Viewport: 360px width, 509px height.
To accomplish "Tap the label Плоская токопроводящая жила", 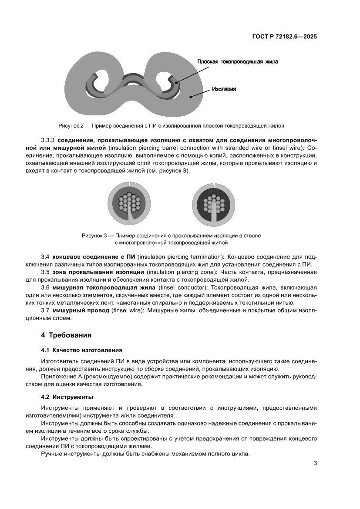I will (x=237, y=62).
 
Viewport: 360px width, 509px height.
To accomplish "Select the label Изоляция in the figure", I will (x=224, y=89).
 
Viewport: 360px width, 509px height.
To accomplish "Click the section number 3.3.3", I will (x=48, y=141).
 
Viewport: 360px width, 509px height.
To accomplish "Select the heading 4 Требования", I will (x=66, y=335).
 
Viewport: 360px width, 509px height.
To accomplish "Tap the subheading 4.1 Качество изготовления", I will (x=81, y=350).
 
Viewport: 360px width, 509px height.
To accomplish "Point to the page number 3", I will (x=315, y=463).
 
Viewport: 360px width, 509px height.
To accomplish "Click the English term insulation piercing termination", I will (x=168, y=257).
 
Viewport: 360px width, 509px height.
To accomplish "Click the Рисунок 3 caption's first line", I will (x=171, y=236).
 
